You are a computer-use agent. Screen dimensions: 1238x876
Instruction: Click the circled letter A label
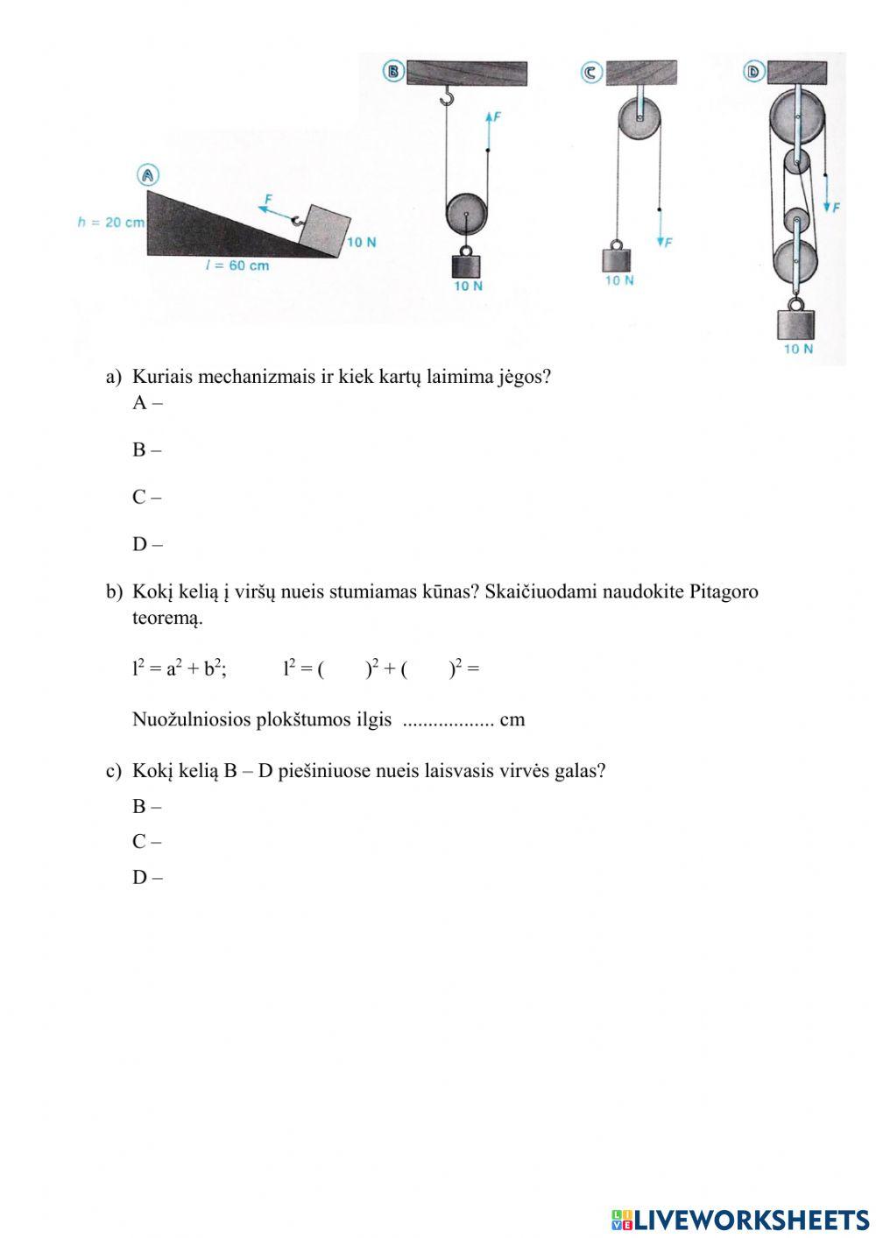pos(148,175)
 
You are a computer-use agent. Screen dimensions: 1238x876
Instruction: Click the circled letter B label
pos(393,71)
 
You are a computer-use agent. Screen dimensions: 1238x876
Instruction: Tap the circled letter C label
pos(590,73)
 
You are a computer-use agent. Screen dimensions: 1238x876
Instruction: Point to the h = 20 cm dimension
pos(110,223)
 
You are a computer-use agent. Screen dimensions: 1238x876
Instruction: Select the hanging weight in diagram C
pos(617,259)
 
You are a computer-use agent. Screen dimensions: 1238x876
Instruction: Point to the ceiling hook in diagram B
pos(447,95)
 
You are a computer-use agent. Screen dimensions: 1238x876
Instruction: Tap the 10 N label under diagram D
pos(797,349)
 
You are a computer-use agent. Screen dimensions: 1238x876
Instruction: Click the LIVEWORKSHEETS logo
pos(740,1219)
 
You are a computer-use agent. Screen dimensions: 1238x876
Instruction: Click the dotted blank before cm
pos(448,720)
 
